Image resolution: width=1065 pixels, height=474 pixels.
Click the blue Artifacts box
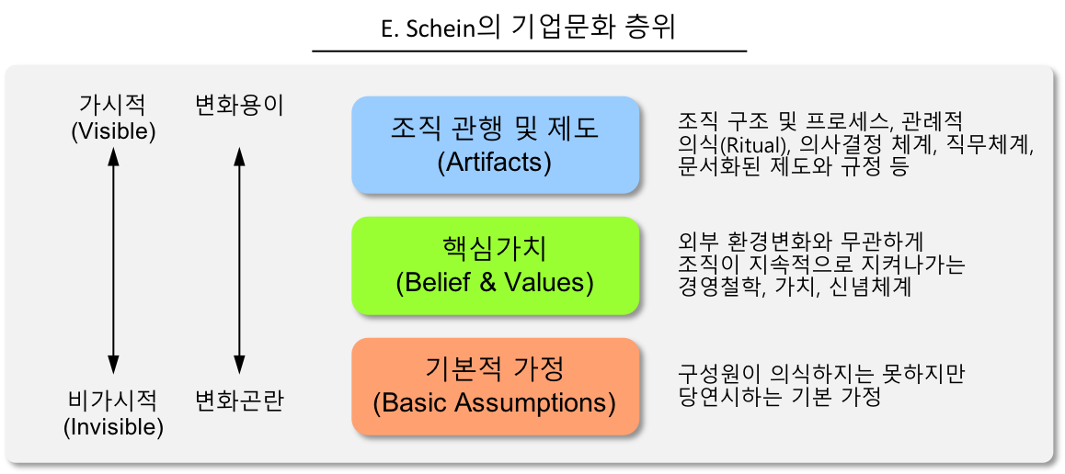495,145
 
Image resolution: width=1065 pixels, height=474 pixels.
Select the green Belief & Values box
495,265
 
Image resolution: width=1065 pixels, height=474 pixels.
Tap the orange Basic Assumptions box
495,386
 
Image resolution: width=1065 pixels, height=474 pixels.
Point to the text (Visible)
113,131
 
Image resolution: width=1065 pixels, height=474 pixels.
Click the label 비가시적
113,401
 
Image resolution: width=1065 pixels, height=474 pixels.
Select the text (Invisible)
113,426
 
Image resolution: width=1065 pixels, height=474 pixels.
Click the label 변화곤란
239,401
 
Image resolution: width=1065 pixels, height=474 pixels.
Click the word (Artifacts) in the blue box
495,163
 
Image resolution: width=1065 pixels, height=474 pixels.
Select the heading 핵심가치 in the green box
495,248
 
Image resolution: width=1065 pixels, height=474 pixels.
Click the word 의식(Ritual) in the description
731,145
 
